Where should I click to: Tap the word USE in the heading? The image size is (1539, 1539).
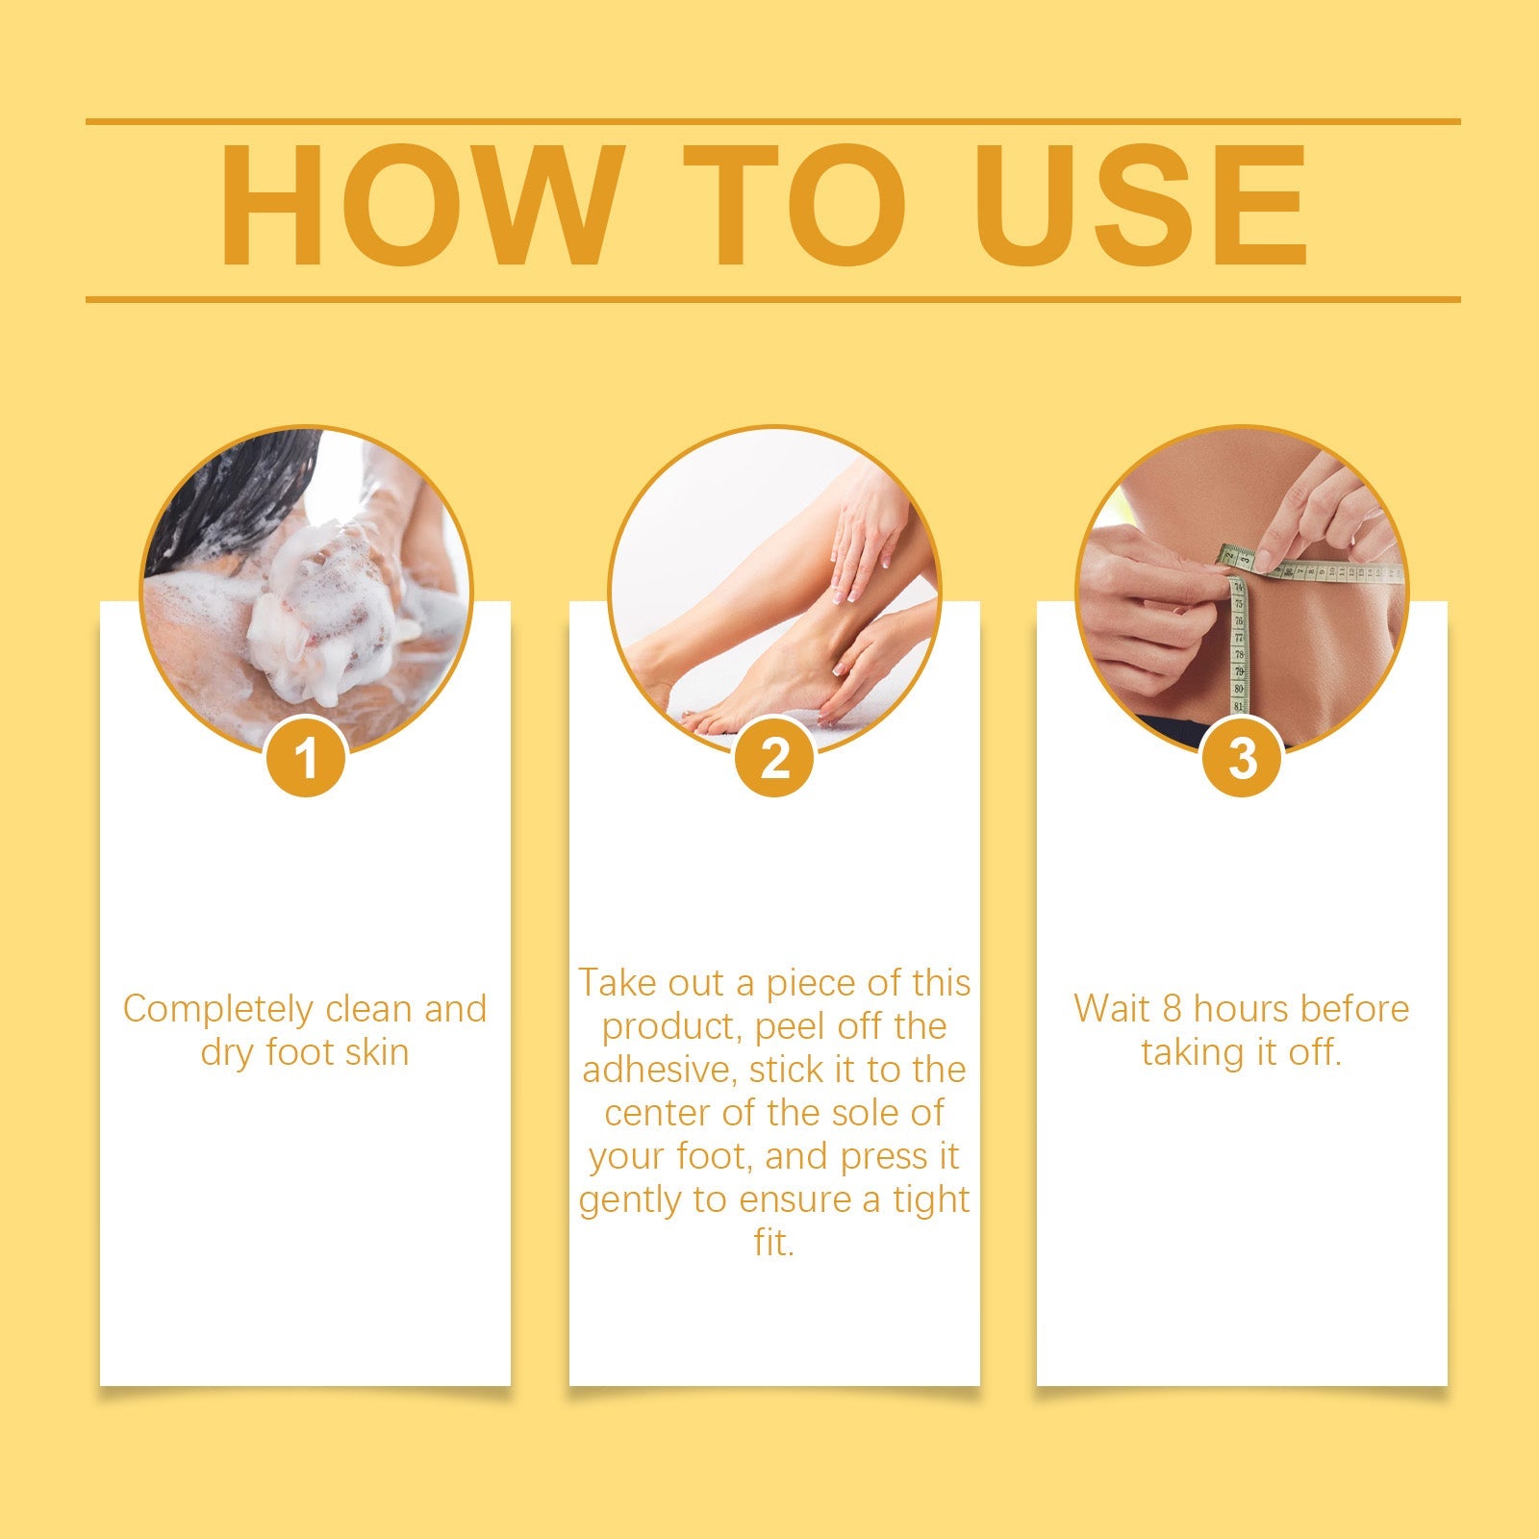[1142, 205]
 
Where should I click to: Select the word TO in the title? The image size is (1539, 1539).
[795, 205]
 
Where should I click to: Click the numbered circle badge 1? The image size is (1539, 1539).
[306, 758]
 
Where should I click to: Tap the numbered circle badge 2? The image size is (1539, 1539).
[774, 758]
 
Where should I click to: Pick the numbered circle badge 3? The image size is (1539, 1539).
[1243, 758]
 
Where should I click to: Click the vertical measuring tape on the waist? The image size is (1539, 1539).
[1239, 644]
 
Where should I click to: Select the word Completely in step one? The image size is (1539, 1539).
[218, 1009]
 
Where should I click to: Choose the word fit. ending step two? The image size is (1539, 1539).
[773, 1243]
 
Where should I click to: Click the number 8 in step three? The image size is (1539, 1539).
[1171, 1009]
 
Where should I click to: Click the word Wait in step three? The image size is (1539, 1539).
[1112, 1009]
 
